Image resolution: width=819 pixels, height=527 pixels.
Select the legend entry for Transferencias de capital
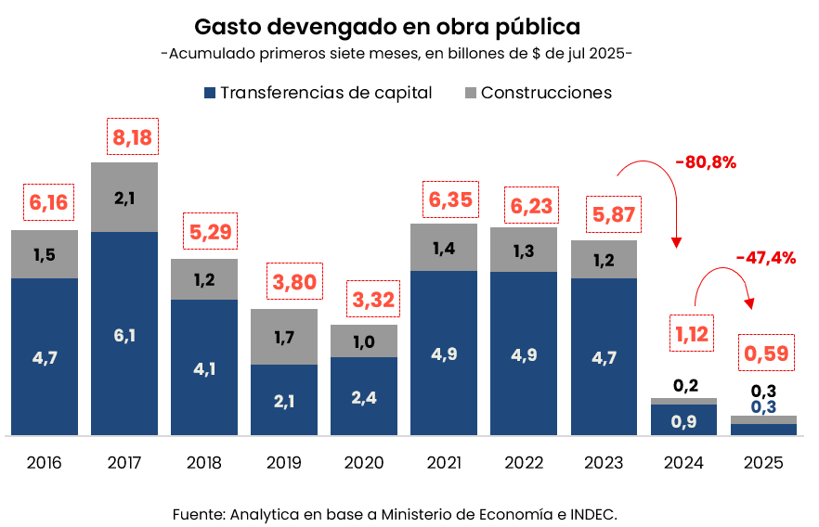tap(317, 93)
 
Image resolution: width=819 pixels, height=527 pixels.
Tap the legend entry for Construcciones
tap(537, 93)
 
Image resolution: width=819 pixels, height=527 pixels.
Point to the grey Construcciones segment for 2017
tap(124, 197)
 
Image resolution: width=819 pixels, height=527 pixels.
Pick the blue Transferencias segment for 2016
tap(45, 356)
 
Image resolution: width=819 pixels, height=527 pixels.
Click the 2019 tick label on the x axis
tap(283, 462)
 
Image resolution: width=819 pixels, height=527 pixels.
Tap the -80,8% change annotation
tap(706, 163)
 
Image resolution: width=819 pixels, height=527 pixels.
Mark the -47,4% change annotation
tap(765, 258)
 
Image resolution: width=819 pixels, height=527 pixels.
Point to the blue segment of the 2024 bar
tap(684, 419)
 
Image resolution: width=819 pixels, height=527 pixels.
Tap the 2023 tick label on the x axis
tap(603, 462)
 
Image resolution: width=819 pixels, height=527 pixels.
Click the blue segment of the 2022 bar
tap(524, 353)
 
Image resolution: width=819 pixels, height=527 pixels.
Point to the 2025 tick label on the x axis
tap(763, 462)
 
